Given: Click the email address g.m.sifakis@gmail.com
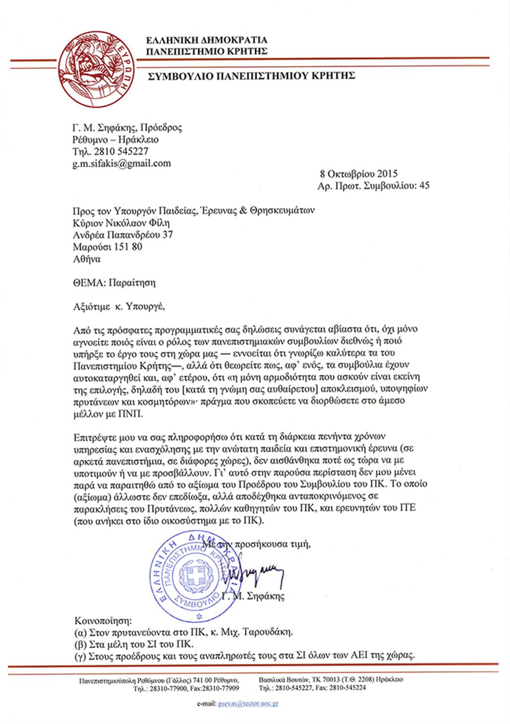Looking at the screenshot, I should pos(122,164).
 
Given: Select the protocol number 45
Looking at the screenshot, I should pos(424,186).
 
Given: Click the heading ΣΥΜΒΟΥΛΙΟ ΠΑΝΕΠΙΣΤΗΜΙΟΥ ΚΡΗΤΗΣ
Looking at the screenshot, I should pos(251,76).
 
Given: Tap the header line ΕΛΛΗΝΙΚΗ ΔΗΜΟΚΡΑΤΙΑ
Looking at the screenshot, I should pos(207,40).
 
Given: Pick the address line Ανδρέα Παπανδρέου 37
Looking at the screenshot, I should pos(123,235).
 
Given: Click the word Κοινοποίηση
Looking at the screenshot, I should pos(103,620).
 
